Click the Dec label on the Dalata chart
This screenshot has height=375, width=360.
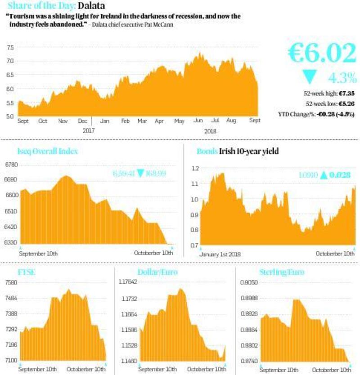tap(82, 121)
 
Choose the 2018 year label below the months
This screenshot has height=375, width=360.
tap(210, 131)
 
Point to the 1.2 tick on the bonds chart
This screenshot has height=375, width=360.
tap(194, 168)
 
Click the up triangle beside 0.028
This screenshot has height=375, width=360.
tap(323, 176)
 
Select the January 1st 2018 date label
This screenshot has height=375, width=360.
tap(220, 254)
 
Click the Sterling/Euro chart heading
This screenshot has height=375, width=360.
tap(282, 272)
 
